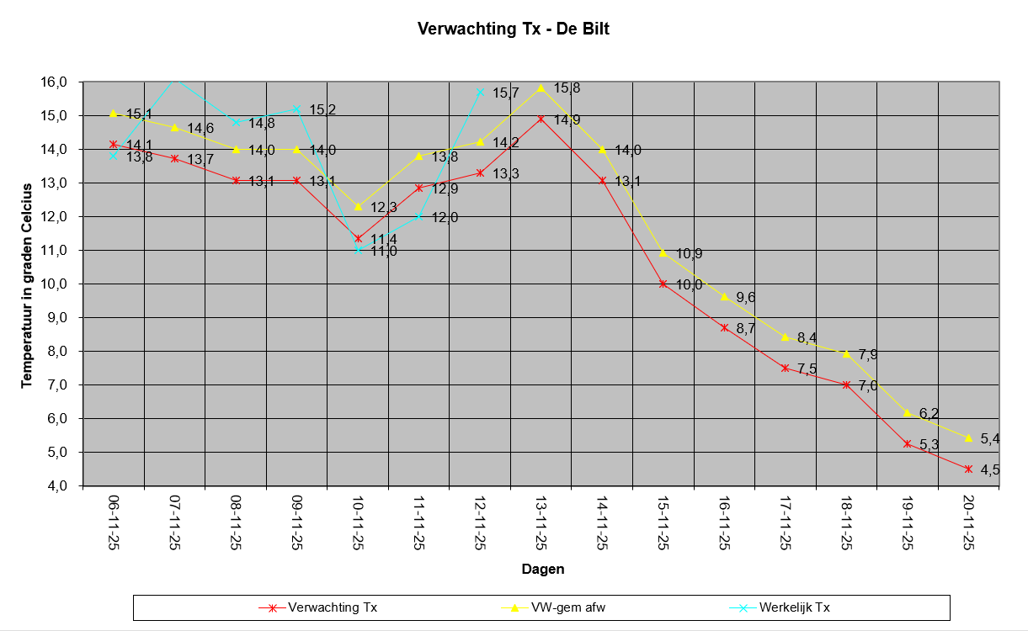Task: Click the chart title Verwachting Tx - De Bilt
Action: [x=513, y=29]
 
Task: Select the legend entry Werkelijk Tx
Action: [x=780, y=607]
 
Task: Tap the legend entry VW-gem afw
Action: [x=553, y=607]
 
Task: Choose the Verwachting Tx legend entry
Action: [x=318, y=607]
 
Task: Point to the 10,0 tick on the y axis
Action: [x=54, y=284]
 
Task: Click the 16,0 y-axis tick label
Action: [x=54, y=82]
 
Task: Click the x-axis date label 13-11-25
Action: [x=541, y=522]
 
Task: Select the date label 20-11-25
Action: [x=969, y=522]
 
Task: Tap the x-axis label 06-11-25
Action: [x=114, y=522]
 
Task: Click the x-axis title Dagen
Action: [x=543, y=569]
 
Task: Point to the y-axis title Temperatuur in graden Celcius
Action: [x=27, y=286]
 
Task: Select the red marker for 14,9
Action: [x=541, y=119]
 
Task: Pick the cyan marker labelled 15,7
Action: [x=480, y=93]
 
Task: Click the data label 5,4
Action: [x=990, y=439]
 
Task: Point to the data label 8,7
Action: [x=746, y=328]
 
